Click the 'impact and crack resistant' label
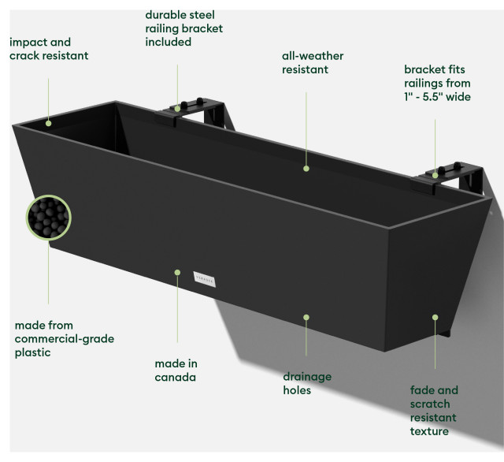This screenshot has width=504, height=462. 49,49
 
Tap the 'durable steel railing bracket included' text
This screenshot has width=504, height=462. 183,28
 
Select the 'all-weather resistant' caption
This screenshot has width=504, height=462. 313,63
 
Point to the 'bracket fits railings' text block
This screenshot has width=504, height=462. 437,83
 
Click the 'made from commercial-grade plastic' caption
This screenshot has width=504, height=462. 65,338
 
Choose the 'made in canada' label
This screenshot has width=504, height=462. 176,371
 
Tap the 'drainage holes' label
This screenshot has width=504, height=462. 307,383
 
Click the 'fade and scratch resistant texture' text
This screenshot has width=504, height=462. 434,411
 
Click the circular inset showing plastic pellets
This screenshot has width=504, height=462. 49,218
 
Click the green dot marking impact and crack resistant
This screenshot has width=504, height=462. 48,122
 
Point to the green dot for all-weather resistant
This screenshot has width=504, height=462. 306,167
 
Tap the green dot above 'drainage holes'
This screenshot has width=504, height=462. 306,317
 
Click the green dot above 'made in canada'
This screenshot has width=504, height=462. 176,273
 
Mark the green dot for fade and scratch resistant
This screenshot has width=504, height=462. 434,317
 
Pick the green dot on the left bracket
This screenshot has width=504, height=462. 177,110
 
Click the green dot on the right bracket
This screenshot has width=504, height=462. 434,173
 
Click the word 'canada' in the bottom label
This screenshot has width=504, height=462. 176,378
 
